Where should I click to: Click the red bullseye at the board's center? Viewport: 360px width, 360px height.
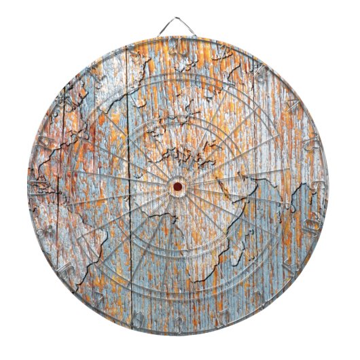tap(178, 185)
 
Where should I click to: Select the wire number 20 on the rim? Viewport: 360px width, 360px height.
tap(178, 46)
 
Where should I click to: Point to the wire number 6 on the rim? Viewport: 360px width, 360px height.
tap(317, 185)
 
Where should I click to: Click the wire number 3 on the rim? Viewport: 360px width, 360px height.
tap(178, 325)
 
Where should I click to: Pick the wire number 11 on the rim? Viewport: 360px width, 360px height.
tap(39, 185)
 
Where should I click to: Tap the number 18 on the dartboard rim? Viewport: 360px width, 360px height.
tap(260, 72)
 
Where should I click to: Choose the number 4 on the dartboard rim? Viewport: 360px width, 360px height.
tap(291, 103)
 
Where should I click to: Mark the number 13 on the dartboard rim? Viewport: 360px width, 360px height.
tap(310, 142)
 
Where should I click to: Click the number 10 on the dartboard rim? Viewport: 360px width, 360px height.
tap(310, 228)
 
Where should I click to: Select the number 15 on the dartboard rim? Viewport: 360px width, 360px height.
tap(290, 267)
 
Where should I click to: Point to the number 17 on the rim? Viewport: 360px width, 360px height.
tap(221, 317)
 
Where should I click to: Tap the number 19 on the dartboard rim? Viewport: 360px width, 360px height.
tap(134, 317)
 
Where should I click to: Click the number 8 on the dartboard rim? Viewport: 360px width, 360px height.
tap(46, 228)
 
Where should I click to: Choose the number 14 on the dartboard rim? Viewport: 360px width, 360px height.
tap(46, 141)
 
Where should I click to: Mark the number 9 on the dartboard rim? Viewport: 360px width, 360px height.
tap(66, 103)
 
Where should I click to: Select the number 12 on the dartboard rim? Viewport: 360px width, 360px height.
tap(96, 72)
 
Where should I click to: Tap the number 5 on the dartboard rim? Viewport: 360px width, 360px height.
tap(135, 53)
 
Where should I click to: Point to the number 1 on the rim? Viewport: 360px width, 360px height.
tap(221, 53)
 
